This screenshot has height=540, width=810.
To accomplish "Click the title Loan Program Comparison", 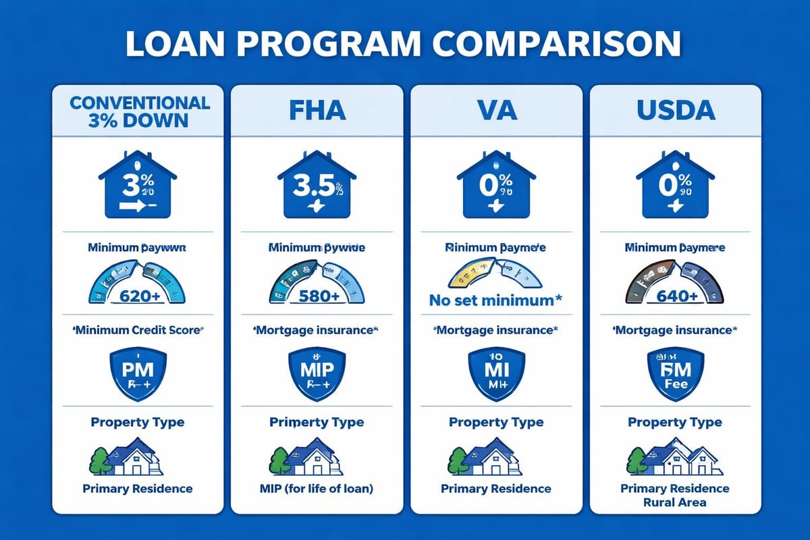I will (x=404, y=44).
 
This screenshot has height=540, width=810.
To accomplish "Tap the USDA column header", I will (x=675, y=110).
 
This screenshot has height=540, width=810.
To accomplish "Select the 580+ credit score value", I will (x=317, y=296).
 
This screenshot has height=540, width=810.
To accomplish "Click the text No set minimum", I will (x=496, y=300).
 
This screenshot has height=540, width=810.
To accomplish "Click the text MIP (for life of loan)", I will (x=317, y=489).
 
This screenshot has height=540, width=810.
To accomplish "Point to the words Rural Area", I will (x=675, y=503).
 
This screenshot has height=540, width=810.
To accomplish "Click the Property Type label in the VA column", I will (x=496, y=423).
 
